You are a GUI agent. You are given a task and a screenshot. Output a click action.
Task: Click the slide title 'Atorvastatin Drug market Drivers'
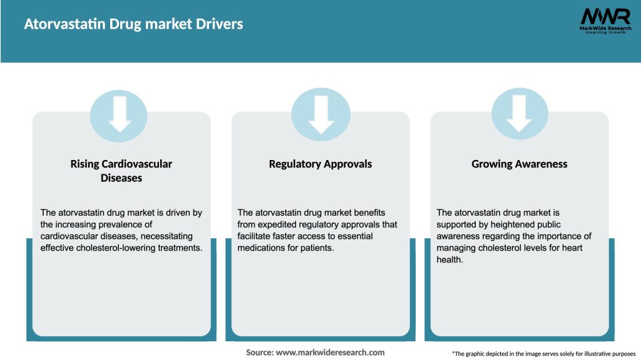(x=133, y=24)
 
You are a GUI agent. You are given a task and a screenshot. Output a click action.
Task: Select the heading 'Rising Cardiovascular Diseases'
(x=121, y=171)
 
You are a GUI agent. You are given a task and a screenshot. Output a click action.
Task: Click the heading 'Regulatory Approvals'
(x=320, y=164)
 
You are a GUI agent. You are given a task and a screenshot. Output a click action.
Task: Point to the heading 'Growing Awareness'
(x=520, y=164)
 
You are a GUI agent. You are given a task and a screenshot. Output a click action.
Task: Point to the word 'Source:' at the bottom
(x=260, y=352)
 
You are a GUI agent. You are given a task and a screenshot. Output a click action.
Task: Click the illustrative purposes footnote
(x=543, y=354)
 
